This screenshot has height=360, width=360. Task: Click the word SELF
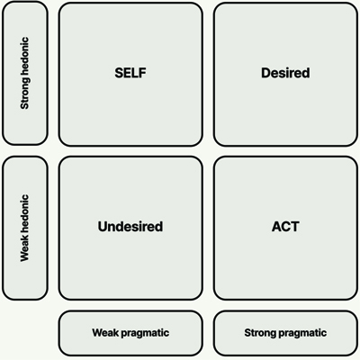(130, 73)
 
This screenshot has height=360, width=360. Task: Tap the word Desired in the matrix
(285, 73)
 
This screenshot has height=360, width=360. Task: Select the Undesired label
(130, 227)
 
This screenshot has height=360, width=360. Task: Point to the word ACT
(285, 227)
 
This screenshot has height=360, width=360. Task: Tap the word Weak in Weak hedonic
(24, 249)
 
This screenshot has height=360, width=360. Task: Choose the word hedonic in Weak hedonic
(24, 214)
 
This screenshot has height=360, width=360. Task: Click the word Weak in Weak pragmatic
(103, 332)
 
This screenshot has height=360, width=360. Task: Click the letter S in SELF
(119, 73)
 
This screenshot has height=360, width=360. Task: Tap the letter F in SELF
(142, 73)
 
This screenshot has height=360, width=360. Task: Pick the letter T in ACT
(294, 227)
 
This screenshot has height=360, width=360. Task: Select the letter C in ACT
(285, 227)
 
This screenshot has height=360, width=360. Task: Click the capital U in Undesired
(103, 227)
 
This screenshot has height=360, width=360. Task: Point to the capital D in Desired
(265, 73)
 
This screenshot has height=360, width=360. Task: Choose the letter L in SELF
(135, 73)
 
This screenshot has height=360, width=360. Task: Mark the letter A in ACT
(276, 227)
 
